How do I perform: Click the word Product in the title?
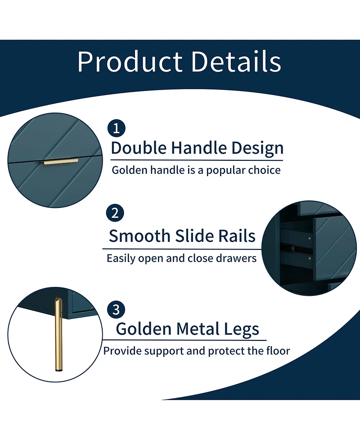pyautogui.click(x=130, y=62)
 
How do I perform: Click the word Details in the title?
pyautogui.click(x=236, y=61)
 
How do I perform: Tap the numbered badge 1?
pyautogui.click(x=116, y=128)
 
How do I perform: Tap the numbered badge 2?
pyautogui.click(x=115, y=213)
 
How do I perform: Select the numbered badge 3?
pyautogui.click(x=116, y=309)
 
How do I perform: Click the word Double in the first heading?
pyautogui.click(x=139, y=148)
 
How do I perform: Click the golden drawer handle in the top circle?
pyautogui.click(x=61, y=162)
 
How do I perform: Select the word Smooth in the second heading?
pyautogui.click(x=140, y=236)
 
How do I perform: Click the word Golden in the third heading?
pyautogui.click(x=144, y=329)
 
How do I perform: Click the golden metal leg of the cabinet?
pyautogui.click(x=58, y=334)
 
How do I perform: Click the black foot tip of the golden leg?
pyautogui.click(x=58, y=371)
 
